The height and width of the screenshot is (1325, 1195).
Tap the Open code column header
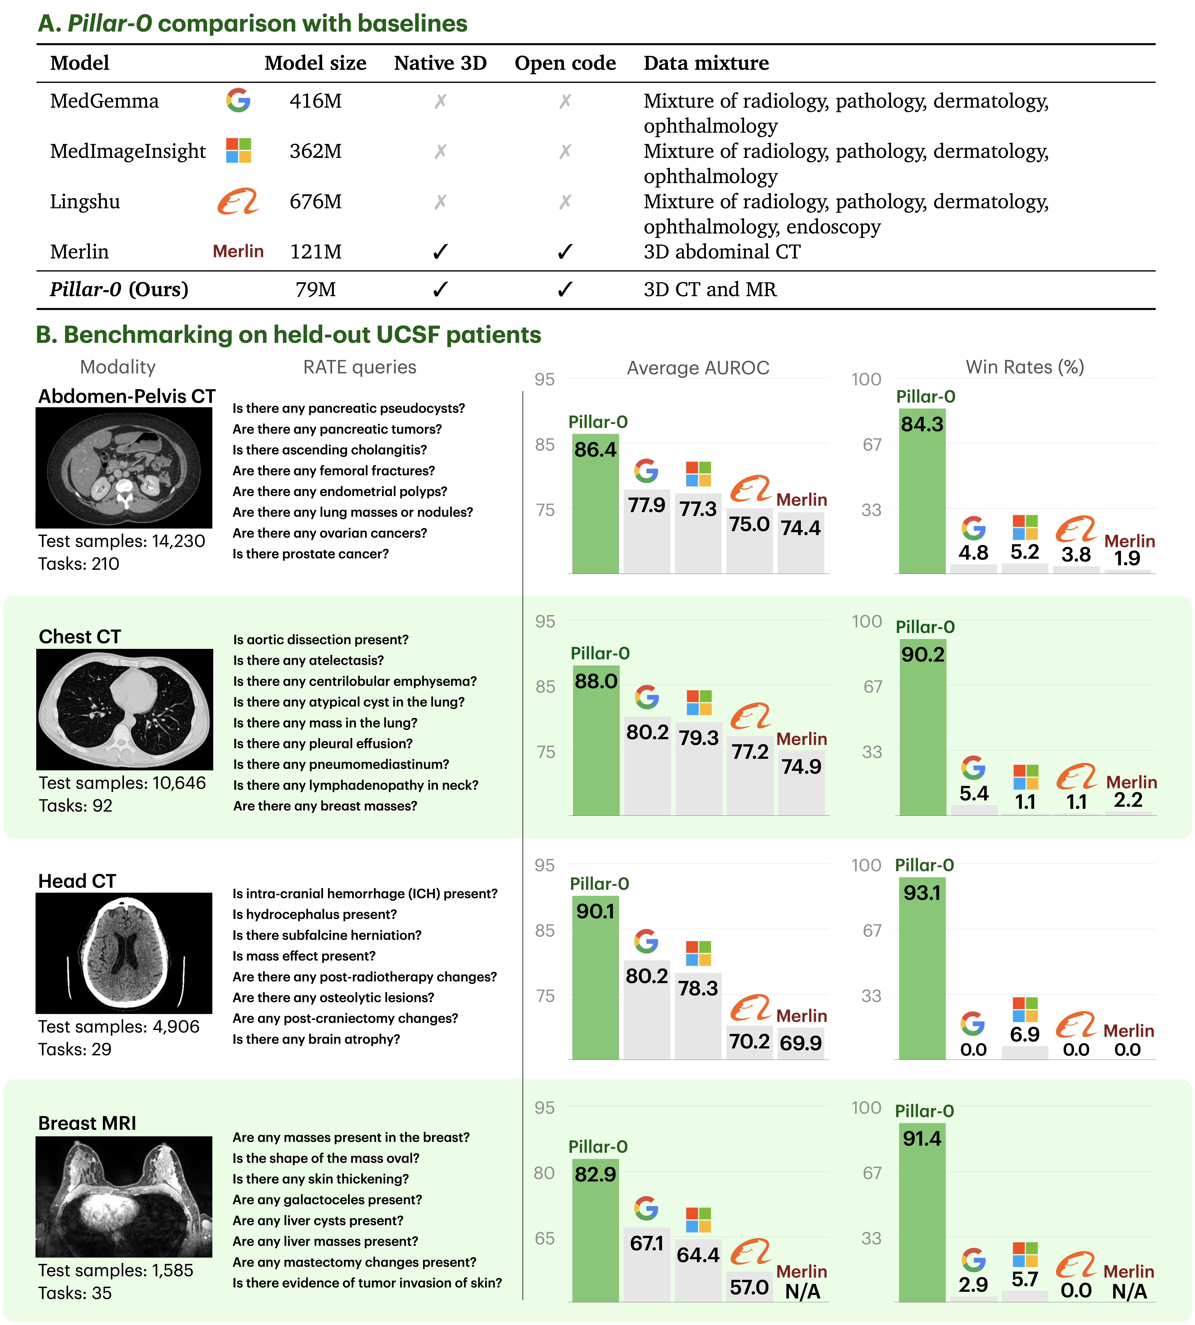[565, 63]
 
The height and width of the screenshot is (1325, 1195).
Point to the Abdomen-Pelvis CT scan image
[124, 468]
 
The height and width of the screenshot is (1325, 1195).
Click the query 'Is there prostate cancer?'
[311, 554]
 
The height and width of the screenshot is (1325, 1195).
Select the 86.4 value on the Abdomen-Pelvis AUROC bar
[595, 450]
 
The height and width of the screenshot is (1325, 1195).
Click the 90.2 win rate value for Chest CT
[923, 654]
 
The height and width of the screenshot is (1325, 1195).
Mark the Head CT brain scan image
[124, 953]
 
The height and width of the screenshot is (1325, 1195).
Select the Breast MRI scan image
[124, 1196]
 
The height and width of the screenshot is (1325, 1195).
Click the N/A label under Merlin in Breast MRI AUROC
[802, 1292]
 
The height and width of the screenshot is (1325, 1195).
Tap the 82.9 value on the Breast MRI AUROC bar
[595, 1174]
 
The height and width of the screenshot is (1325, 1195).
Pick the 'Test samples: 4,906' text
[119, 1026]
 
